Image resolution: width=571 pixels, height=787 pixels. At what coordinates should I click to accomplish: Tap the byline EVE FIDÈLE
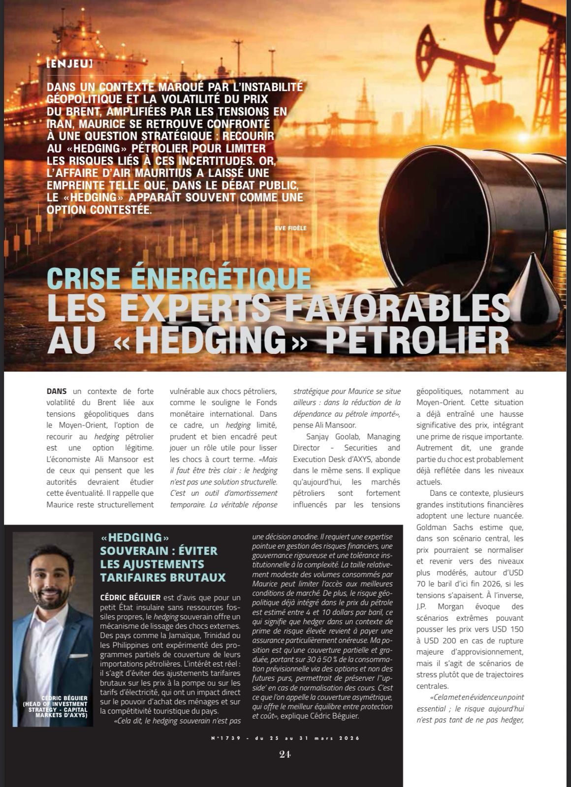click(291, 228)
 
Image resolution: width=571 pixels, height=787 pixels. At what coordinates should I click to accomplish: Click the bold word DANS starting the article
click(57, 392)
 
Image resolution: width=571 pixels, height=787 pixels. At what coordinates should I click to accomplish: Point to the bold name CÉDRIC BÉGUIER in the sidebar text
click(130, 597)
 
